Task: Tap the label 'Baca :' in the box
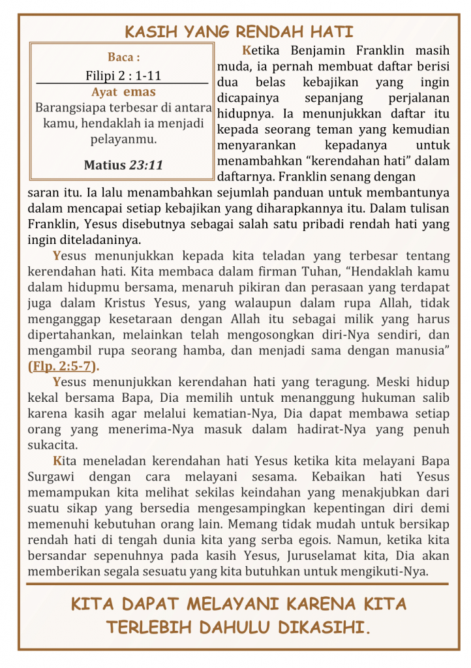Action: click(x=123, y=57)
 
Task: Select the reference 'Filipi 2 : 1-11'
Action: click(x=123, y=75)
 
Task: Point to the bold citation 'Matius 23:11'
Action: click(x=123, y=165)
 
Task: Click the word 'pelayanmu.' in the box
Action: click(x=123, y=138)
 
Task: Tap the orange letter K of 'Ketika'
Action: click(x=246, y=50)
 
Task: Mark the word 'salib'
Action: click(x=436, y=397)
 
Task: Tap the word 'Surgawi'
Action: click(x=51, y=477)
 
